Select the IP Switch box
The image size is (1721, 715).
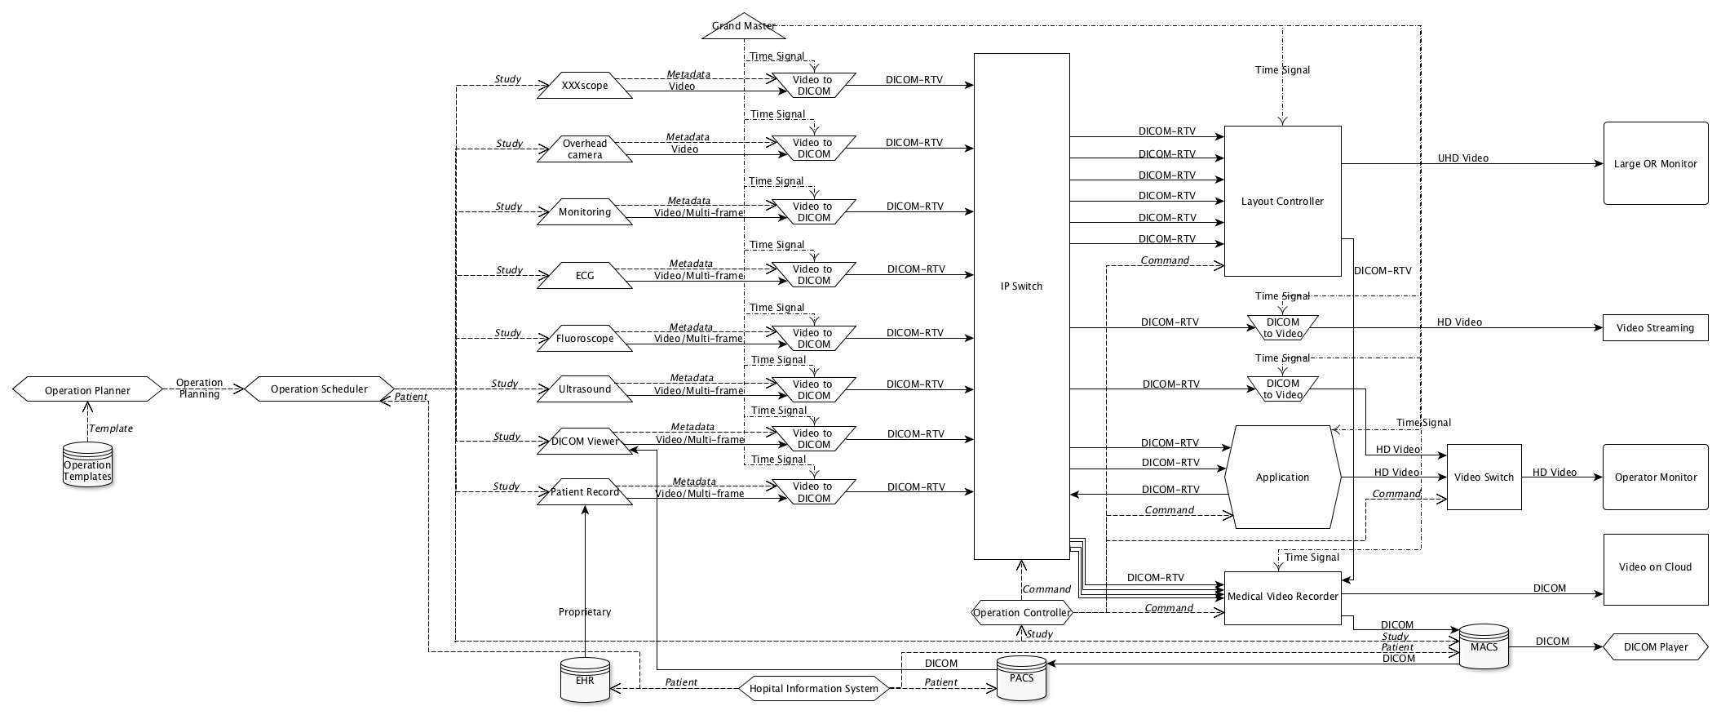pos(1021,306)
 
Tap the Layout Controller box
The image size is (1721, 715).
pos(1282,202)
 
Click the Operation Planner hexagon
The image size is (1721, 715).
pos(87,390)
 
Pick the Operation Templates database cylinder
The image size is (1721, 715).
pos(87,465)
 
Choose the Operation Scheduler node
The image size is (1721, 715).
pos(319,389)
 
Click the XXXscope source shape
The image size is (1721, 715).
pos(585,86)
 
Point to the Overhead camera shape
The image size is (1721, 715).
pos(585,149)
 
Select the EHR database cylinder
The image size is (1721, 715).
pos(585,680)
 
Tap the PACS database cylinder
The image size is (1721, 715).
pos(1021,678)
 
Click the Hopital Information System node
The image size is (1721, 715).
pos(813,689)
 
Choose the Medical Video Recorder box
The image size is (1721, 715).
pos(1282,597)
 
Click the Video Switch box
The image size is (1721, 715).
pos(1484,477)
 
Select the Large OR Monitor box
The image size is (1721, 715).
pos(1655,164)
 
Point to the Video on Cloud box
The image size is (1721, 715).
pos(1655,568)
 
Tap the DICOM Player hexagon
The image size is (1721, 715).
pos(1655,647)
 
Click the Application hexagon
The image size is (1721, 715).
pos(1282,477)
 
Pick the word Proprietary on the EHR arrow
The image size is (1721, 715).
pos(585,612)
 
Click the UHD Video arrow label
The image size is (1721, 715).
pos(1463,158)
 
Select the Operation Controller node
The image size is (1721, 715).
pos(1021,613)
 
